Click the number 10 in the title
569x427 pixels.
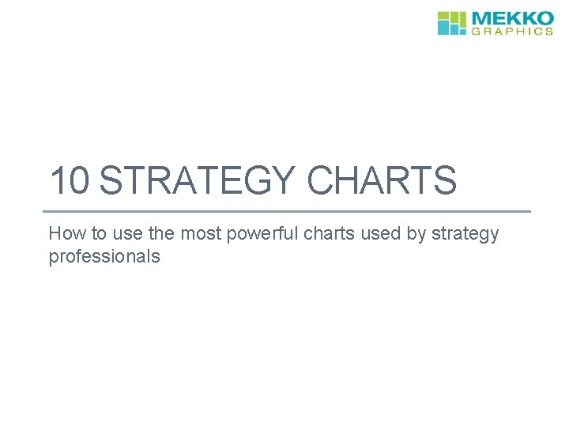click(x=70, y=181)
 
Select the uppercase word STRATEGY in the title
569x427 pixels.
click(x=198, y=181)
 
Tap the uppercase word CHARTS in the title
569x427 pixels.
click(x=382, y=181)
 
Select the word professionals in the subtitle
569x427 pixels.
click(x=104, y=256)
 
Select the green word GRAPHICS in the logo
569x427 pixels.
click(x=513, y=32)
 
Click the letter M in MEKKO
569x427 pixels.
click(x=482, y=18)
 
